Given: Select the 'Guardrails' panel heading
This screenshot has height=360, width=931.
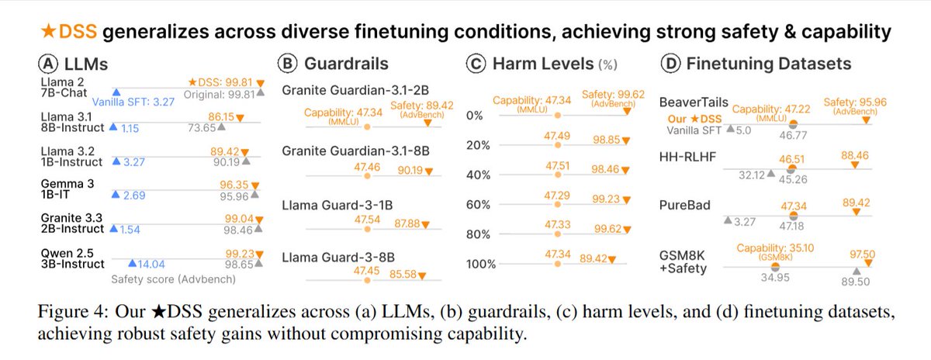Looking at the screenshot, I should [x=349, y=64].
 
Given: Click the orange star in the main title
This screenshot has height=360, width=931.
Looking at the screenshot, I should [x=52, y=32].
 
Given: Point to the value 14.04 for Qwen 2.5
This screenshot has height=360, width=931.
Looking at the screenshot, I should [x=154, y=264].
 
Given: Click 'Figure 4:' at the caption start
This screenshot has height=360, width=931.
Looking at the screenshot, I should [x=69, y=313].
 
